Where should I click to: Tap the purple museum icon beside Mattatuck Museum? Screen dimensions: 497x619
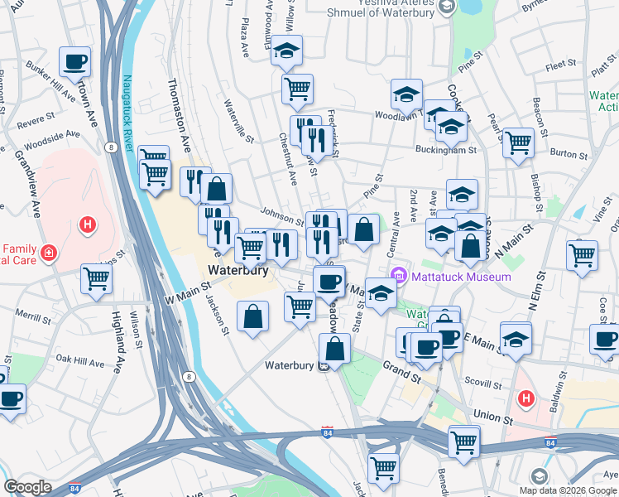399,275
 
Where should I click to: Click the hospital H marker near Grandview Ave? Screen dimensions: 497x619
86,224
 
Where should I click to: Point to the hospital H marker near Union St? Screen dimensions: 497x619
525,399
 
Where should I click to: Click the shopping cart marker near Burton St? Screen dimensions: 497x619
518,142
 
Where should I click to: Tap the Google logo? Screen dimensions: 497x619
27,487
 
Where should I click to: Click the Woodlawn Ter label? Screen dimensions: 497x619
397,116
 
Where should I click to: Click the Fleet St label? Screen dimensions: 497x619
560,63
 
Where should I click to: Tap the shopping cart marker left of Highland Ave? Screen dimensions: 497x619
97,280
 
